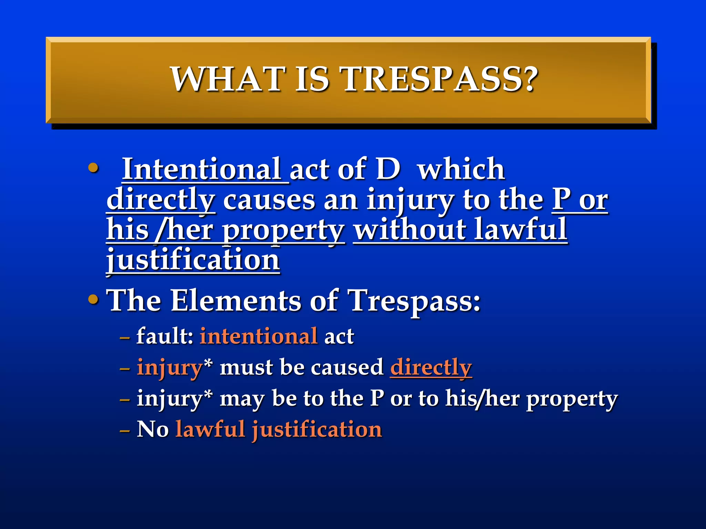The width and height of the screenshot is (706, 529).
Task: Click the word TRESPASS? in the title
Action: pos(440,79)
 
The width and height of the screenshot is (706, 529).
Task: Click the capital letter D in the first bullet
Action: pos(388,169)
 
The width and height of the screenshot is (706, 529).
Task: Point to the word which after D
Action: pos(461,169)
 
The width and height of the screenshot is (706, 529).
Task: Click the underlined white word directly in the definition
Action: pos(161,200)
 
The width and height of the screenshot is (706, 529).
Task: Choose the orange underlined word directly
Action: pos(431,367)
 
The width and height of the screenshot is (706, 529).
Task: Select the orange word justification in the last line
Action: pos(317,429)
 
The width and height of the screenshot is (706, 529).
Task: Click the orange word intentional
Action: pos(259,336)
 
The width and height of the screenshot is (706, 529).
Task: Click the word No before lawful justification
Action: pos(153,429)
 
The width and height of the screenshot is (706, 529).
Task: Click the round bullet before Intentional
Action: pos(93,168)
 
